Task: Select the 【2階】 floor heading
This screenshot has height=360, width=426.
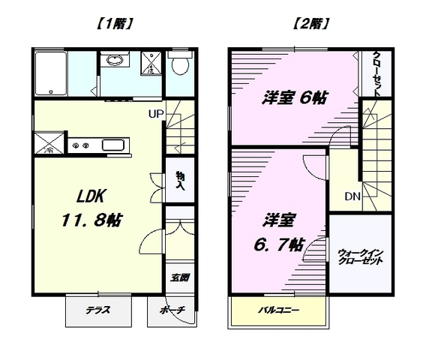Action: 310,23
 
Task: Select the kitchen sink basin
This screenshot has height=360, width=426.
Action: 112,145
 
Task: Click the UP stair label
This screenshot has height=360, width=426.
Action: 155,115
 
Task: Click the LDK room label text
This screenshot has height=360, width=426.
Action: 90,196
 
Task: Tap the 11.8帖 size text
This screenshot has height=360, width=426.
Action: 91,221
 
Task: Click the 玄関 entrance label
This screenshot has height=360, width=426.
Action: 179,277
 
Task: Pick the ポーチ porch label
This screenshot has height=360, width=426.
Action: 172,310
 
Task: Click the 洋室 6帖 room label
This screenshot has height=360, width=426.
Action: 293,97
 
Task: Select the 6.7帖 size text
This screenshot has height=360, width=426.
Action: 282,244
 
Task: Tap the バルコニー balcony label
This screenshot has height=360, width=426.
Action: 279,310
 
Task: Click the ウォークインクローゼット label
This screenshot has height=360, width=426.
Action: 361,257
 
